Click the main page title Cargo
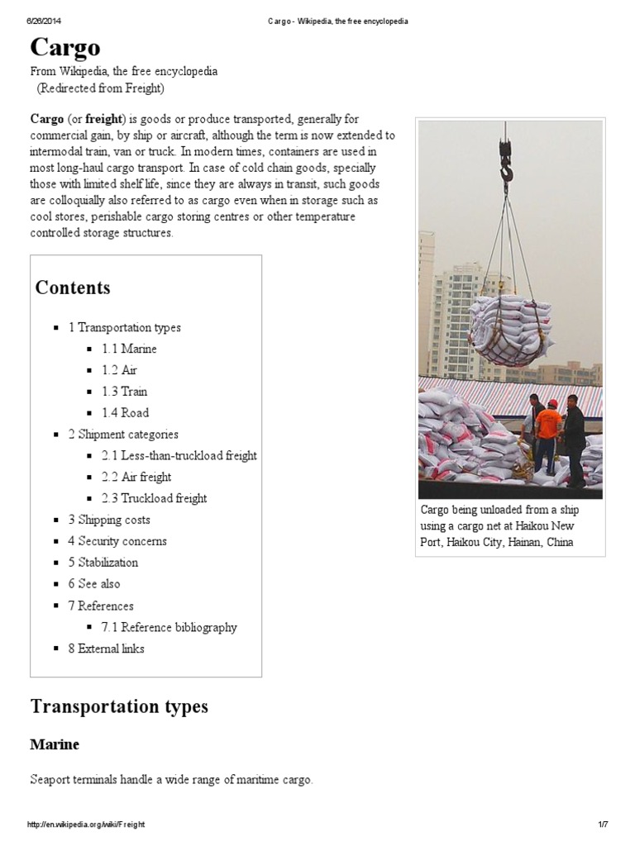pyautogui.click(x=65, y=48)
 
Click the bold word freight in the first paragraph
pyautogui.click(x=103, y=120)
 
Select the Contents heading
pyautogui.click(x=73, y=288)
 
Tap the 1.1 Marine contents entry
pyautogui.click(x=129, y=349)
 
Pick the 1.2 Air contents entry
pyautogui.click(x=119, y=370)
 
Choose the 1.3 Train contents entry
pyautogui.click(x=124, y=392)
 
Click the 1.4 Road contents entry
pyautogui.click(x=125, y=413)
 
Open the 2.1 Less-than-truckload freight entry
pyautogui.click(x=179, y=456)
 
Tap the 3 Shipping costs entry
pyautogui.click(x=109, y=520)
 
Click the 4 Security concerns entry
pyautogui.click(x=117, y=542)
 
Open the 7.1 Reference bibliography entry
pyautogui.click(x=169, y=628)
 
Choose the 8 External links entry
pyautogui.click(x=106, y=649)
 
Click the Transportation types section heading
pyautogui.click(x=119, y=706)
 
